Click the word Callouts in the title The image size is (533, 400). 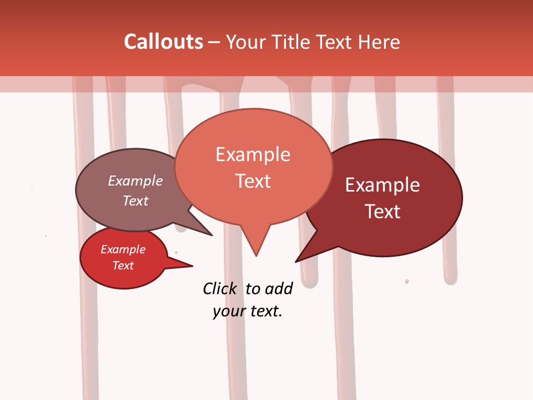[x=163, y=42]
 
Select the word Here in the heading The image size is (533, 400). [x=380, y=42]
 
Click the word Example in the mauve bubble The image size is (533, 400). [x=135, y=181]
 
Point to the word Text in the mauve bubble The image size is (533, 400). [x=135, y=201]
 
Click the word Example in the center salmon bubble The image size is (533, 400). [x=253, y=154]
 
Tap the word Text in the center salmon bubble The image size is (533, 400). [x=253, y=181]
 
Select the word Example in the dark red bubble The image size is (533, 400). [x=383, y=185]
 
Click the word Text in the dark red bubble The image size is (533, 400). [x=383, y=212]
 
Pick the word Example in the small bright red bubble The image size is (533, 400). [x=123, y=249]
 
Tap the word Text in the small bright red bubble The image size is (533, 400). [x=123, y=266]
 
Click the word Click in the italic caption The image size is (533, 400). [x=219, y=288]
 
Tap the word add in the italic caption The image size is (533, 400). [x=279, y=288]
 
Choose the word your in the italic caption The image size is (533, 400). [x=229, y=311]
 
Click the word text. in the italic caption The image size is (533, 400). [x=265, y=311]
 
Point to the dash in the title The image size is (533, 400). [x=215, y=42]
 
